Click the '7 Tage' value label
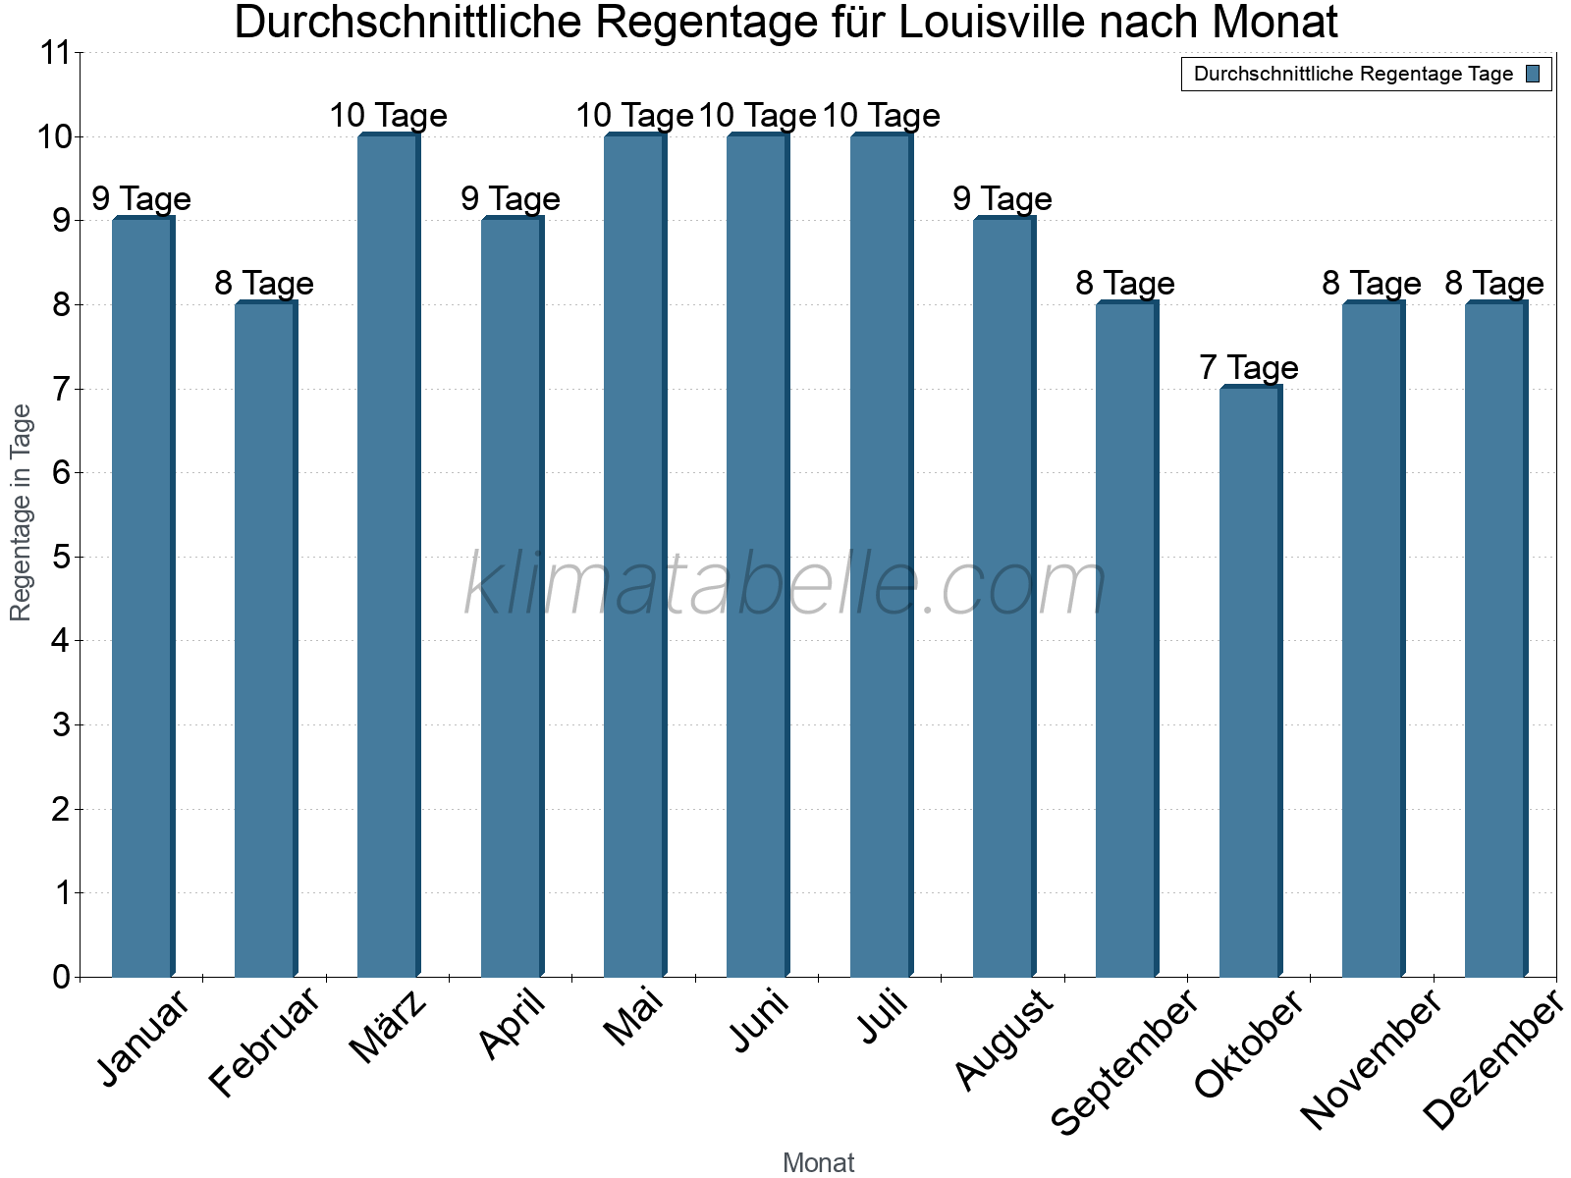1249,368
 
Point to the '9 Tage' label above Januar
141,199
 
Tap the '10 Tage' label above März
388,116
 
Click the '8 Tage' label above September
1125,284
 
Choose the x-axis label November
1371,1058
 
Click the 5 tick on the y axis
62,558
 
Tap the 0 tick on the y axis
62,977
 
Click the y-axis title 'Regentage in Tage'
21,512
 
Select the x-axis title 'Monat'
818,1162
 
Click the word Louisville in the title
993,22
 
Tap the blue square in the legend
1533,74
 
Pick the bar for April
512,598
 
